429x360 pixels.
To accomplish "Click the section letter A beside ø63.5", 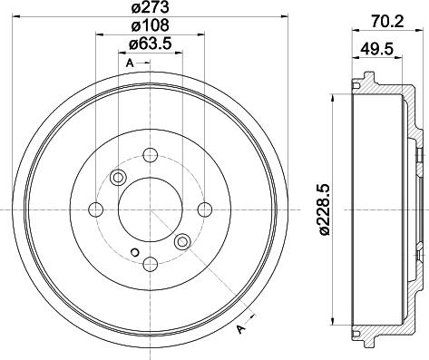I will point(130,63).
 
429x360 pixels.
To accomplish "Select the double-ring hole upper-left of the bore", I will point(117,177).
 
